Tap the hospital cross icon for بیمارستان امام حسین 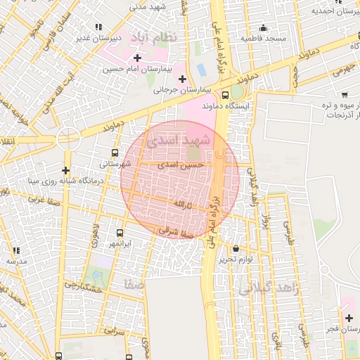137,58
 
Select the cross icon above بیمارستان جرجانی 183,78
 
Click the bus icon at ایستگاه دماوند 225,94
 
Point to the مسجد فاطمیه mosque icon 263,28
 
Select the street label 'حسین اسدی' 181,164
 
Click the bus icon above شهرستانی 115,152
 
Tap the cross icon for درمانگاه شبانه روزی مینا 65,170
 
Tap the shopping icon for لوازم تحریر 235,248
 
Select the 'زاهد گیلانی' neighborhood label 264,288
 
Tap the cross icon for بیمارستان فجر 349,318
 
